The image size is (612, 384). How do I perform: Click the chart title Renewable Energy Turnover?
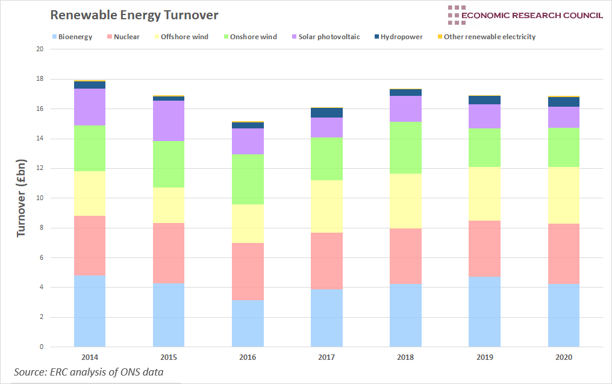pos(134,14)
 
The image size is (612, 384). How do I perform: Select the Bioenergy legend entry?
pos(72,37)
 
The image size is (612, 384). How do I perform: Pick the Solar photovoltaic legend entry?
pos(325,37)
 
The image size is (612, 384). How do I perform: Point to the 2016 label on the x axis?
pos(248,357)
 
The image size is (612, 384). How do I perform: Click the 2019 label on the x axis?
pos(484,357)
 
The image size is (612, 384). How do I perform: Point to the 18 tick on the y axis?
pos(40,79)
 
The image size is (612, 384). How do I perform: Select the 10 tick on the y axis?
pos(40,198)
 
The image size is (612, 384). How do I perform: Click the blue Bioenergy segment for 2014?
pos(90,311)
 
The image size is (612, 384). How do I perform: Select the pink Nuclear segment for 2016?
pos(248,271)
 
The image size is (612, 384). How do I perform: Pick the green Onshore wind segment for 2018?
pos(405,148)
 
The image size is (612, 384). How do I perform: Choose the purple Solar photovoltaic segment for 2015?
pos(169,121)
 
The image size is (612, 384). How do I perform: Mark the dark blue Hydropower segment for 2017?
pos(326,113)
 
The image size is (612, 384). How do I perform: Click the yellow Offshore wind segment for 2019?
pos(484,194)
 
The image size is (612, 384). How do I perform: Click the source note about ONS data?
pos(89,372)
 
